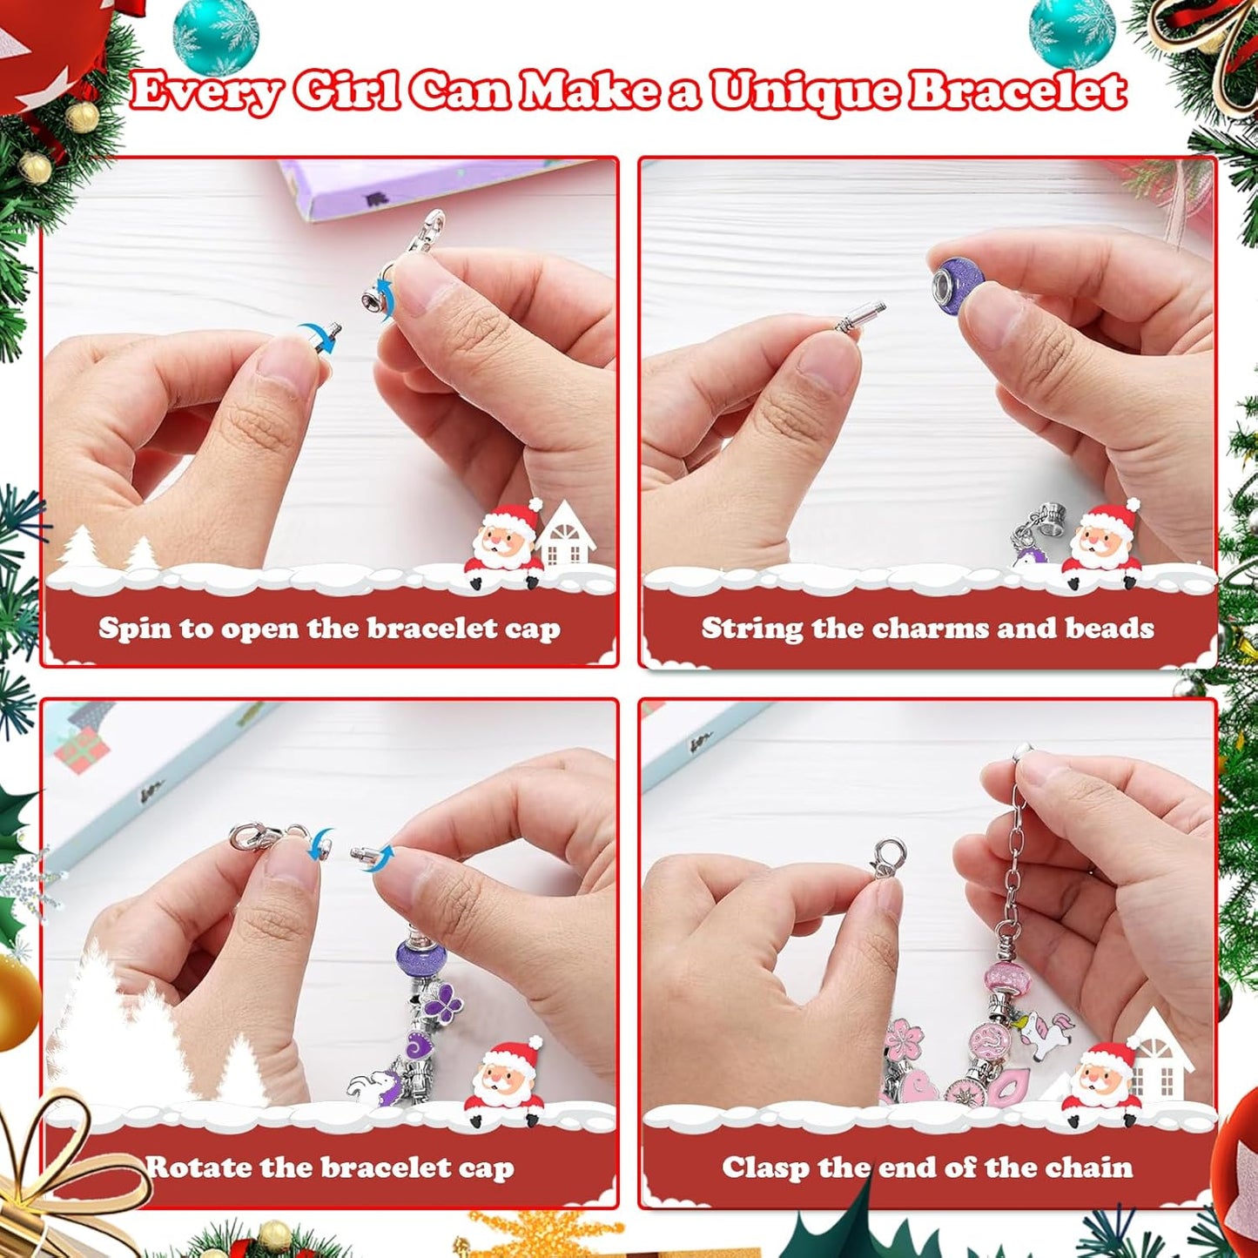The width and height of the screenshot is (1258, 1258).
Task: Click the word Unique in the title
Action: coord(805,91)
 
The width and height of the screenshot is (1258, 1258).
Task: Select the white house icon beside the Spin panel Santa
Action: coord(566,535)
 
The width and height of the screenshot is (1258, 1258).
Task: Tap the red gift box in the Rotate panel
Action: coord(84,749)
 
